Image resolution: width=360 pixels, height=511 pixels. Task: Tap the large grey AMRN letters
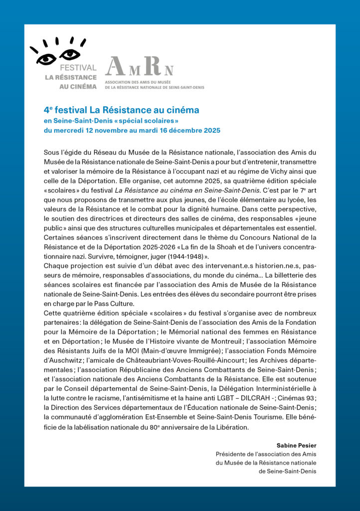[139, 66]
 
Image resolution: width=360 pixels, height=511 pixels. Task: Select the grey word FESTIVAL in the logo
[78, 68]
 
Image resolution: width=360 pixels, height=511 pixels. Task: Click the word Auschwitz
[63, 360]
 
